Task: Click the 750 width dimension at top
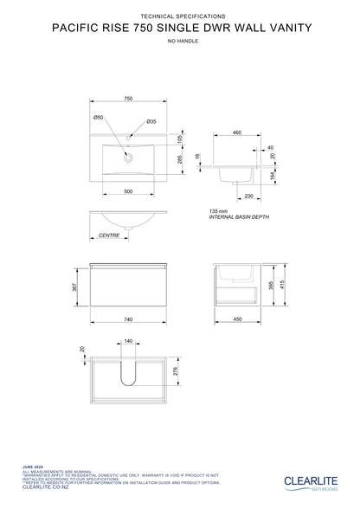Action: pyautogui.click(x=128, y=100)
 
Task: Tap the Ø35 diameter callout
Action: pyautogui.click(x=151, y=122)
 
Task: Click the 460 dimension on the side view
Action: pyautogui.click(x=236, y=132)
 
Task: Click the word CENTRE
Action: pyautogui.click(x=108, y=235)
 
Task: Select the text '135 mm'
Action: pyautogui.click(x=218, y=211)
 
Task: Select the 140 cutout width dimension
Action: pyautogui.click(x=128, y=342)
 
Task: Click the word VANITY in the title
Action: pyautogui.click(x=286, y=27)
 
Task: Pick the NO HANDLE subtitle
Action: pyautogui.click(x=180, y=41)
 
